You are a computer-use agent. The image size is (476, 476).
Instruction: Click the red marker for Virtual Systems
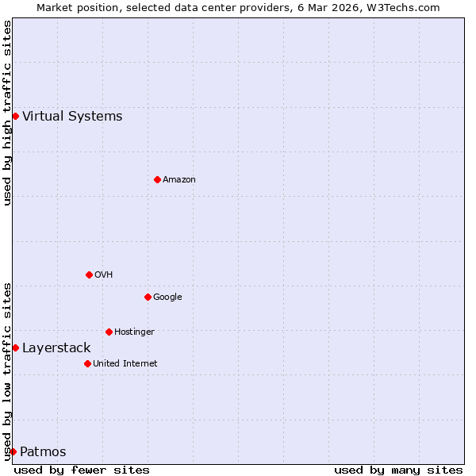pos(15,116)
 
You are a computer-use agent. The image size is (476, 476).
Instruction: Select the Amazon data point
pos(157,179)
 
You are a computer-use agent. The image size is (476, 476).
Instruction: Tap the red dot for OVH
pos(89,274)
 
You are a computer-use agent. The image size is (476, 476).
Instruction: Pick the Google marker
pos(148,297)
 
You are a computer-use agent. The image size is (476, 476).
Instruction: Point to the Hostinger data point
pos(109,332)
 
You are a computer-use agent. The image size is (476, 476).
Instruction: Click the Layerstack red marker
pos(15,347)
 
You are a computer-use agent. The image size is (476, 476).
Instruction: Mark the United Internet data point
pos(87,363)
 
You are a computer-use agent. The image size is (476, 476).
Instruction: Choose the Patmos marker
pos(13,451)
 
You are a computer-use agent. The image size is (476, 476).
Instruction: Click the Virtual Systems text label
pos(72,117)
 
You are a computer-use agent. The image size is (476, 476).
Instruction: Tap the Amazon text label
pos(179,179)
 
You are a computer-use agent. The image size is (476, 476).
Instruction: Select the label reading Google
pos(167,297)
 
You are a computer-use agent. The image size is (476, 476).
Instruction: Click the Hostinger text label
pos(134,332)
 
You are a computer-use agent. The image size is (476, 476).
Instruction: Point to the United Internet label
pos(125,363)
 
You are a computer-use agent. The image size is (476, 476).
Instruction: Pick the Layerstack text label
pos(56,348)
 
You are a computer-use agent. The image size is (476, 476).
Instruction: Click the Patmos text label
pos(43,452)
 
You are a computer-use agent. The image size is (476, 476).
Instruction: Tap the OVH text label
pos(104,274)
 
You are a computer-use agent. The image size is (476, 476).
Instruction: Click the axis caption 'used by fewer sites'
pos(82,470)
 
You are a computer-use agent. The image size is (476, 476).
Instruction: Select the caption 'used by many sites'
pos(398,470)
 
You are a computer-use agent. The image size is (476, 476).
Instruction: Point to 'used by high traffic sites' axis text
pos(7,113)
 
